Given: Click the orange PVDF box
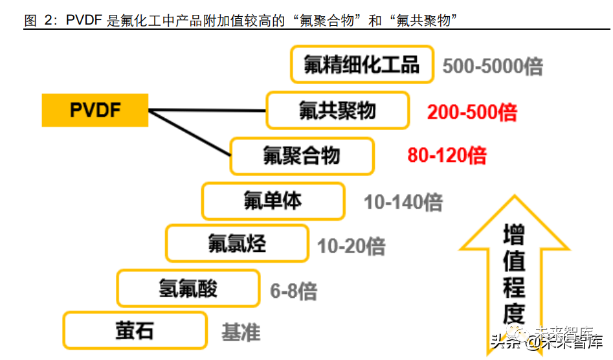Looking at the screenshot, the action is coord(95,109).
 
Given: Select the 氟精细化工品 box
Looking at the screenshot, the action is coord(361,64).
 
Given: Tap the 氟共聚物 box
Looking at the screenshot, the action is coord(337,110).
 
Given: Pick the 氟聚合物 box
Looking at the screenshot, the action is coord(302,156).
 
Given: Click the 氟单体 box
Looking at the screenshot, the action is coord(273,201).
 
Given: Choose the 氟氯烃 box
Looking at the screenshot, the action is coord(237,243).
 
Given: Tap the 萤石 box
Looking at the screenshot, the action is coord(135,330).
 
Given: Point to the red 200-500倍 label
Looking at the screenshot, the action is coord(472,113).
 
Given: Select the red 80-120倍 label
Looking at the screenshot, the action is coord(447,155).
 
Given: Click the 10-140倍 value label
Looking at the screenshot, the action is coord(403,203).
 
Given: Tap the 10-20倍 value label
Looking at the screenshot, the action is coord(351,246).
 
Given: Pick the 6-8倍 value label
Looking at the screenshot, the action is coord(293,291).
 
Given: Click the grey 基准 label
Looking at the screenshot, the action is coord(241,333).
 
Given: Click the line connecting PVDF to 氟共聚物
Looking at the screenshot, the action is coord(207,110).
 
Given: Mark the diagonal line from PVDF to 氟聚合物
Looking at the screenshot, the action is coord(190,133).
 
